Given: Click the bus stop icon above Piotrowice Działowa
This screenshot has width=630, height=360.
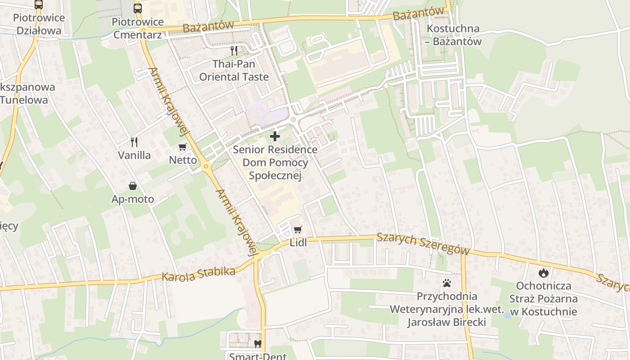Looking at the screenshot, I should point(39,4).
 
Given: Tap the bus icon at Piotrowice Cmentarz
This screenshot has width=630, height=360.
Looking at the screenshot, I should point(137,8).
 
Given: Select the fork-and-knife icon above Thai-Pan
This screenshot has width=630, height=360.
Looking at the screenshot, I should point(234,50).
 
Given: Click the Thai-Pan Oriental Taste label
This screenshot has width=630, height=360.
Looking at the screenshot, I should point(234,70).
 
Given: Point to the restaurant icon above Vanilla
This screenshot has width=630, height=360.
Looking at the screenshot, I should point(134,142).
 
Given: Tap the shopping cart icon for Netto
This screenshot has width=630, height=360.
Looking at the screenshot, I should point(183,147).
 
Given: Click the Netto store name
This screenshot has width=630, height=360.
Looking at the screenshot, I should point(183,160).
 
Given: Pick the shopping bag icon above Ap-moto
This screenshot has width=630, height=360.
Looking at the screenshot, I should point(133,186).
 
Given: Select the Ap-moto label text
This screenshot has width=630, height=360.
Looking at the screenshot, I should point(133,199).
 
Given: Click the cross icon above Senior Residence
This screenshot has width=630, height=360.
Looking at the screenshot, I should point(274,136).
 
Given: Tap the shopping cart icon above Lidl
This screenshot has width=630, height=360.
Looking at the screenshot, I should point(297,230).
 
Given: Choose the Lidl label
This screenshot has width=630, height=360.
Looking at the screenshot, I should point(298,243).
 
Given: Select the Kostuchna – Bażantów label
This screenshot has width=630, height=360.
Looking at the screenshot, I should point(453,35).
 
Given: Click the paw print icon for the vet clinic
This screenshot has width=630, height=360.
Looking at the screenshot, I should point(446,283).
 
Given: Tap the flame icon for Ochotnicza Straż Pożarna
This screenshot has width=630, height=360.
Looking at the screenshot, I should point(544,272).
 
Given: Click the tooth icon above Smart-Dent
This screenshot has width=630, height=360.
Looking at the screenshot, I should point(257,344).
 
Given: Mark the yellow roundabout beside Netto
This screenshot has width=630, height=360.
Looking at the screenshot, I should point(206,166).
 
